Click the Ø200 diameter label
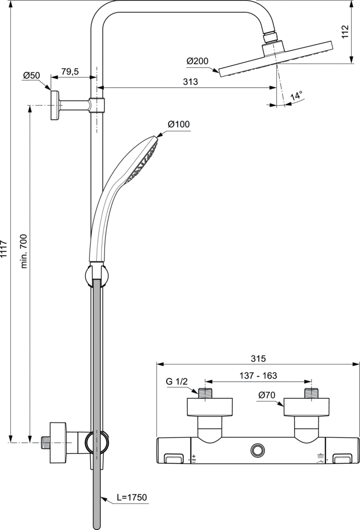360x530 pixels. (198, 61)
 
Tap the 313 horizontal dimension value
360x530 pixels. (190, 82)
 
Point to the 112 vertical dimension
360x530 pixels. (345, 32)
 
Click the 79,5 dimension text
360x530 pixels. (70, 71)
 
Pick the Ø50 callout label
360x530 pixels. (32, 76)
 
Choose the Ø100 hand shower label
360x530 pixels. (178, 124)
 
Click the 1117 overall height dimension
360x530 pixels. (4, 248)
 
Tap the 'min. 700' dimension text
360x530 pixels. (24, 246)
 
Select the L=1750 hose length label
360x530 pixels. (132, 497)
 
